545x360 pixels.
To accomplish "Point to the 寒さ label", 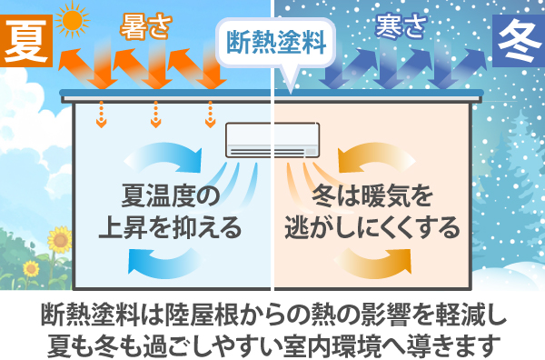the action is [401, 28].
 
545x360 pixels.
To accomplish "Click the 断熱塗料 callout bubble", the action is [272, 41].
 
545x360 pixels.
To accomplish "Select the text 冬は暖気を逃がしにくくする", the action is [372, 211].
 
